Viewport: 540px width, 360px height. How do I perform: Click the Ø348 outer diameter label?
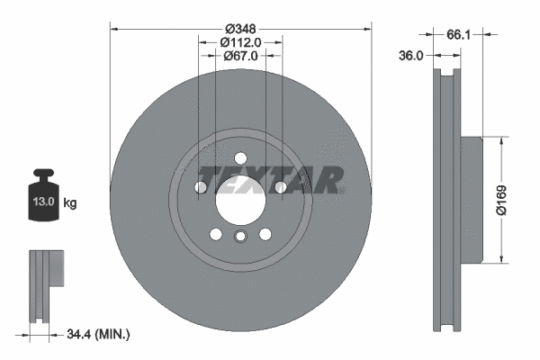tap(240, 17)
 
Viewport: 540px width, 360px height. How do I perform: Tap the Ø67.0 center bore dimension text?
tap(240, 56)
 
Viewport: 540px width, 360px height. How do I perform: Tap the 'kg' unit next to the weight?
tap(70, 203)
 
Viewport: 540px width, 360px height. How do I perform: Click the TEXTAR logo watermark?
tap(270, 179)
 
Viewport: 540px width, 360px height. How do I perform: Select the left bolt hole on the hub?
tap(201, 187)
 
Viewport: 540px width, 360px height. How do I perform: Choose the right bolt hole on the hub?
tap(281, 187)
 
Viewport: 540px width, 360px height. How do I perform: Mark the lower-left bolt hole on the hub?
tap(216, 234)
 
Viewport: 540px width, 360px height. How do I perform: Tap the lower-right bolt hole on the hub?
tap(265, 234)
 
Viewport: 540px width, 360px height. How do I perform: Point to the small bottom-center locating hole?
tap(240, 237)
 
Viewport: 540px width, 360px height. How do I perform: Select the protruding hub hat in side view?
tap(473, 200)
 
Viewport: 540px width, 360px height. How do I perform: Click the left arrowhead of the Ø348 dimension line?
tap(114, 28)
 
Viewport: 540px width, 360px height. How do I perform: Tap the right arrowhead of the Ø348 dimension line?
tap(367, 28)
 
